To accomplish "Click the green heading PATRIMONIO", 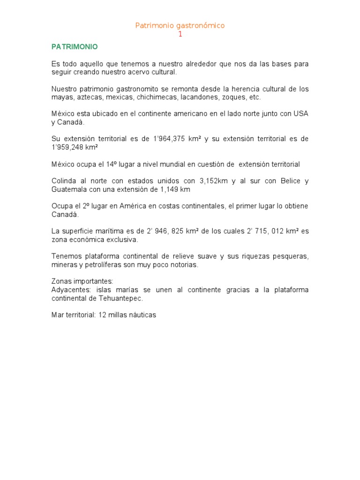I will (75, 47).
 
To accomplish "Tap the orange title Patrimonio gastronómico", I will (180, 26).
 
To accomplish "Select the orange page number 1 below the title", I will (180, 34).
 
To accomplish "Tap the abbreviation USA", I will (301, 114).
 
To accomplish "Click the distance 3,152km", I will (217, 181).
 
